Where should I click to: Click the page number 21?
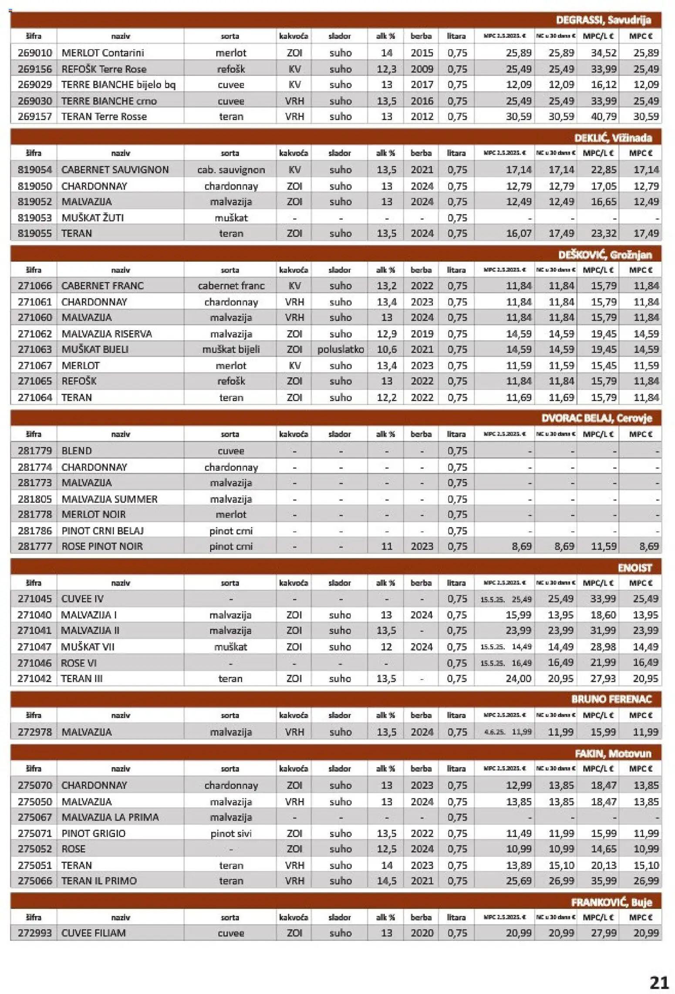(x=659, y=982)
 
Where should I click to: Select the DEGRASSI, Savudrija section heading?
(x=603, y=20)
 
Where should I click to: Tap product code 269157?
(x=34, y=117)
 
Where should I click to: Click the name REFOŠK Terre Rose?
(x=104, y=69)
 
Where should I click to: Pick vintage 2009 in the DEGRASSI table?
(x=422, y=69)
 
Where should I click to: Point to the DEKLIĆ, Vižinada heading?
(x=613, y=138)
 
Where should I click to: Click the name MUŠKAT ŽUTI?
(x=92, y=217)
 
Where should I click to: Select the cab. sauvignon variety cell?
(x=230, y=170)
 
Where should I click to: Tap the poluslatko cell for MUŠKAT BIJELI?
(x=340, y=349)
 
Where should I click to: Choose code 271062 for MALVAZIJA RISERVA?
(x=34, y=334)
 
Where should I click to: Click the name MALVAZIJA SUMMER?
(x=109, y=499)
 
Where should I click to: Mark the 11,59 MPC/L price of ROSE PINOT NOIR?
(x=603, y=546)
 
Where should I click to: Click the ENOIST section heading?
(x=634, y=568)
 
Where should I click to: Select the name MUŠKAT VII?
(x=88, y=647)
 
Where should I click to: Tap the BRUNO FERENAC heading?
(x=611, y=700)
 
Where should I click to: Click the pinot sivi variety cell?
(x=230, y=833)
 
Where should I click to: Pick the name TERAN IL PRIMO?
(x=99, y=881)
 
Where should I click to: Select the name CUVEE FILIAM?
(x=93, y=933)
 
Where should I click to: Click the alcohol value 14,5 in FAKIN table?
(x=386, y=881)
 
